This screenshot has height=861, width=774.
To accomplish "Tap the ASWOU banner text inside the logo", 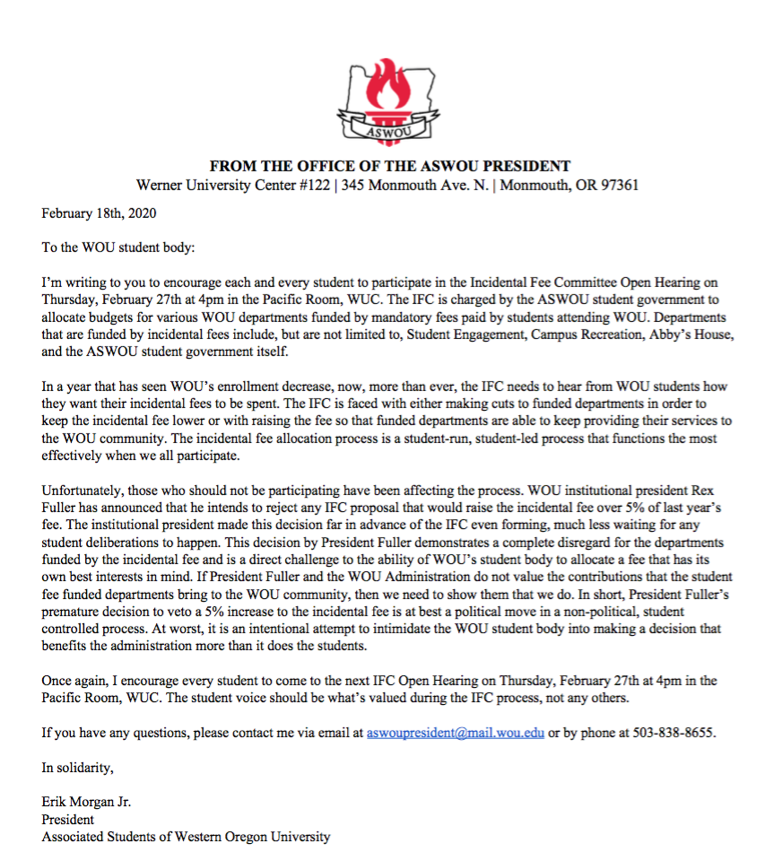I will (387, 134).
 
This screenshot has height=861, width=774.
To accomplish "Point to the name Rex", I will (713, 491).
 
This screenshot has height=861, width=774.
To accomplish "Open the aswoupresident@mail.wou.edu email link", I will (456, 732).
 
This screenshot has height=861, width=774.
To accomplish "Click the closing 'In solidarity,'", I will (78, 767).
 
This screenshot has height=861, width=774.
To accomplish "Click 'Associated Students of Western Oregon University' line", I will (186, 837).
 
